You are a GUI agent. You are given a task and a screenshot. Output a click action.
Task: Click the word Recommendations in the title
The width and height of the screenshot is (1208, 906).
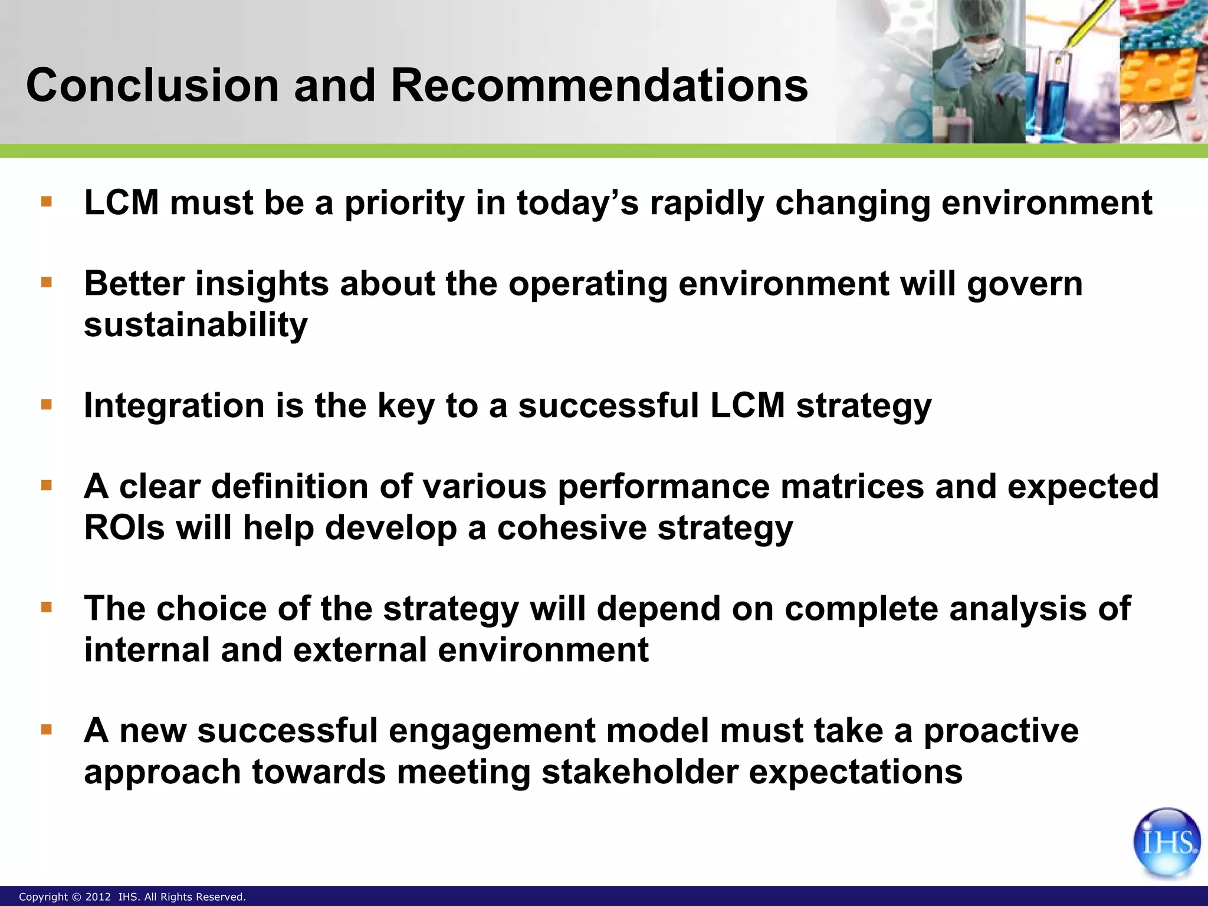tap(599, 86)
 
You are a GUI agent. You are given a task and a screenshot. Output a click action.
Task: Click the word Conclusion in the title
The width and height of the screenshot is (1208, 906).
tap(152, 86)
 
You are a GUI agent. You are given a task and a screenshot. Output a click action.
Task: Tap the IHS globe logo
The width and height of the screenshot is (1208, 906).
tap(1166, 842)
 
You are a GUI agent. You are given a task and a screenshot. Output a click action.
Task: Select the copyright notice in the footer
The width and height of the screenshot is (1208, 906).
tap(132, 897)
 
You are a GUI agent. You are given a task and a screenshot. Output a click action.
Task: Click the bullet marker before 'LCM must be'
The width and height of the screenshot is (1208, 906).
tap(47, 202)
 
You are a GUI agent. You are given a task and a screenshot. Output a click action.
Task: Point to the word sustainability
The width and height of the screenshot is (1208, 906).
tap(196, 325)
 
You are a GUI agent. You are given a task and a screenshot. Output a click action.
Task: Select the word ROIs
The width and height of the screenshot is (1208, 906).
tap(124, 527)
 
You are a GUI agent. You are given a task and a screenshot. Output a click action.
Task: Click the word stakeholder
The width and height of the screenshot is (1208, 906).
tap(639, 772)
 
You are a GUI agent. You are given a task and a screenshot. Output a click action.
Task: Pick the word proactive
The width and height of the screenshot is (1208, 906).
tap(1001, 731)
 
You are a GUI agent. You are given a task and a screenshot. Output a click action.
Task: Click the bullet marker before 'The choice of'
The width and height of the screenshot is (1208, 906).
tap(47, 607)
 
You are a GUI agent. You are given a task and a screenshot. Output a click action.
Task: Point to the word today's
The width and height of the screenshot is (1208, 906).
tap(577, 203)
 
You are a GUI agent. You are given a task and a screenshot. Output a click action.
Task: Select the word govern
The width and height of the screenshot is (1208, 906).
tap(1025, 284)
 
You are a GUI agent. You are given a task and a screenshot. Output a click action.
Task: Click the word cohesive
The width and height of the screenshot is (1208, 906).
tap(572, 527)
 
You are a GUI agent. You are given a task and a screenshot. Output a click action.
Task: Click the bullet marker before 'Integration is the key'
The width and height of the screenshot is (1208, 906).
tap(47, 405)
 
